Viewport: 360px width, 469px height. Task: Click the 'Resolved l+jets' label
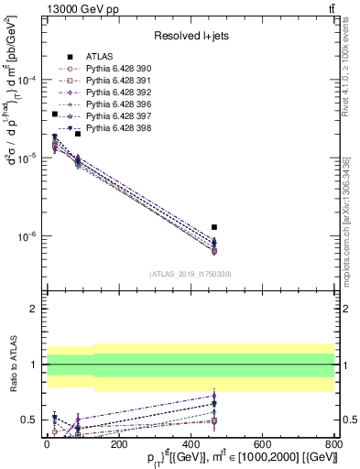pos(191,36)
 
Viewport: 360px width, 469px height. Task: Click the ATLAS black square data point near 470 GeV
pos(214,226)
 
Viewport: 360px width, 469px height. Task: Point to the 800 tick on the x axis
pos(333,441)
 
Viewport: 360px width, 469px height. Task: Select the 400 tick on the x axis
pos(191,441)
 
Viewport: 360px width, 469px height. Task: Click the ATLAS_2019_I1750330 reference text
pos(191,274)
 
